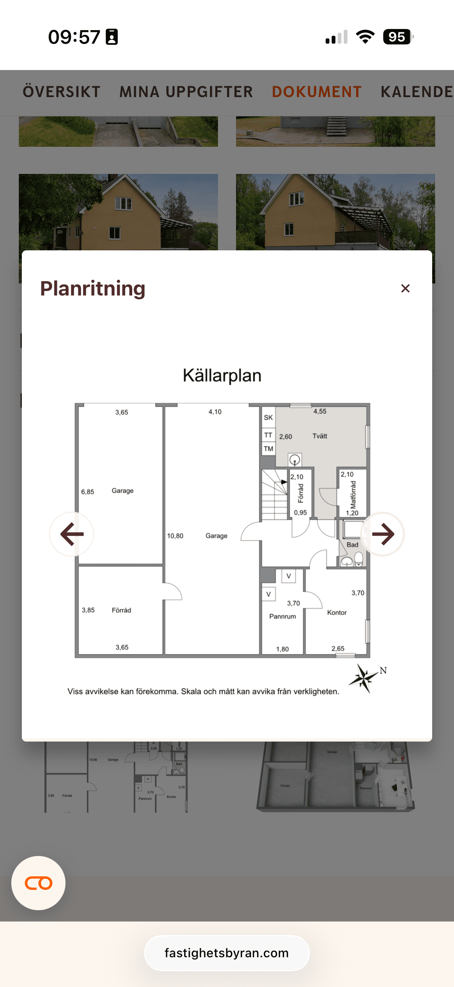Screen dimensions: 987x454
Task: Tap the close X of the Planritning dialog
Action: coord(405,288)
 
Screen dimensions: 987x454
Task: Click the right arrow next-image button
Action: coord(382,534)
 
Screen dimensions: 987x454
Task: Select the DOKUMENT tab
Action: coord(317,92)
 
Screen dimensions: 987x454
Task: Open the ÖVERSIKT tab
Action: coord(62,92)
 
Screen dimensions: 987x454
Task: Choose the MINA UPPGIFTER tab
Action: coord(186,92)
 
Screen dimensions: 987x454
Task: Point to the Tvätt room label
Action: coord(320,436)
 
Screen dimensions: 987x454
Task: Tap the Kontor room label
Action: coord(337,613)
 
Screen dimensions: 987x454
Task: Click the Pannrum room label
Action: coord(282,617)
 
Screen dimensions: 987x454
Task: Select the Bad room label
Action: coord(352,545)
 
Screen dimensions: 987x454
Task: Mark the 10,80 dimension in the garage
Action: coord(175,536)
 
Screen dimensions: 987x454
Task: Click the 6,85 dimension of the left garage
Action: coord(87,492)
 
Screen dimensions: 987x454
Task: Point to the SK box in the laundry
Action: coord(268,417)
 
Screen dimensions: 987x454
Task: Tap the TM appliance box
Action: coord(268,449)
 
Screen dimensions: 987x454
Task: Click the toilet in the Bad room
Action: coord(359,559)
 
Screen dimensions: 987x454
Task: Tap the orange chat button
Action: coord(38,883)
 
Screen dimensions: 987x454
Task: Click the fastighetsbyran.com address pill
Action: coord(227,953)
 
